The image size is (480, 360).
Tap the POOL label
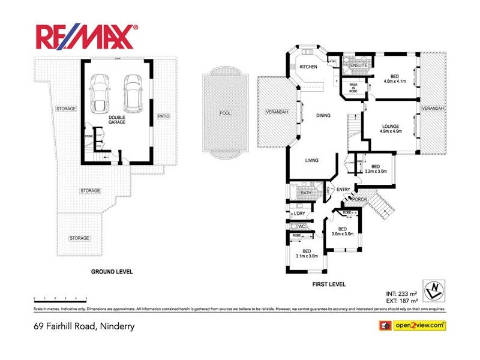point(225,113)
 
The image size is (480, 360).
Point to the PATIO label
point(163,116)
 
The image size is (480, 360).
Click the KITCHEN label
point(308,67)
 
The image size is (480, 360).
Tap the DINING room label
point(324,116)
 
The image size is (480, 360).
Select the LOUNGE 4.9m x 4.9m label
point(391,128)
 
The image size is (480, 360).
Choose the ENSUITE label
point(359,65)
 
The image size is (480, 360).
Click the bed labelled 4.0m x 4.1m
point(394,79)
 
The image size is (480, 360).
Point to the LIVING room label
point(311,160)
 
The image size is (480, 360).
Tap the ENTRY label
point(343,190)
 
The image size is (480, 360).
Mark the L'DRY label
point(299,214)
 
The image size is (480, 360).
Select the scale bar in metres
point(61,298)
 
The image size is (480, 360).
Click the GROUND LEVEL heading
point(112,272)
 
